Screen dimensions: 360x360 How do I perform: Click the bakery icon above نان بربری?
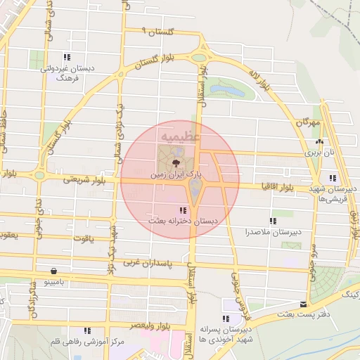coord(319,141)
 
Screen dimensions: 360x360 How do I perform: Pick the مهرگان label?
coord(307,123)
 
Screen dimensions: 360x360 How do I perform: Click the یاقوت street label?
coord(82,238)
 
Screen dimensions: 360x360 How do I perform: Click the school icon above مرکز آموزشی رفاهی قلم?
coord(87,330)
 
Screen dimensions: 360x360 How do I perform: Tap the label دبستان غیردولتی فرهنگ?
coord(66,73)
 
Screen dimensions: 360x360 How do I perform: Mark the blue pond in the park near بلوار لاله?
coord(236,90)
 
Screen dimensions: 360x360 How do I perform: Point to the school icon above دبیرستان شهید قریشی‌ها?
coord(332,178)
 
